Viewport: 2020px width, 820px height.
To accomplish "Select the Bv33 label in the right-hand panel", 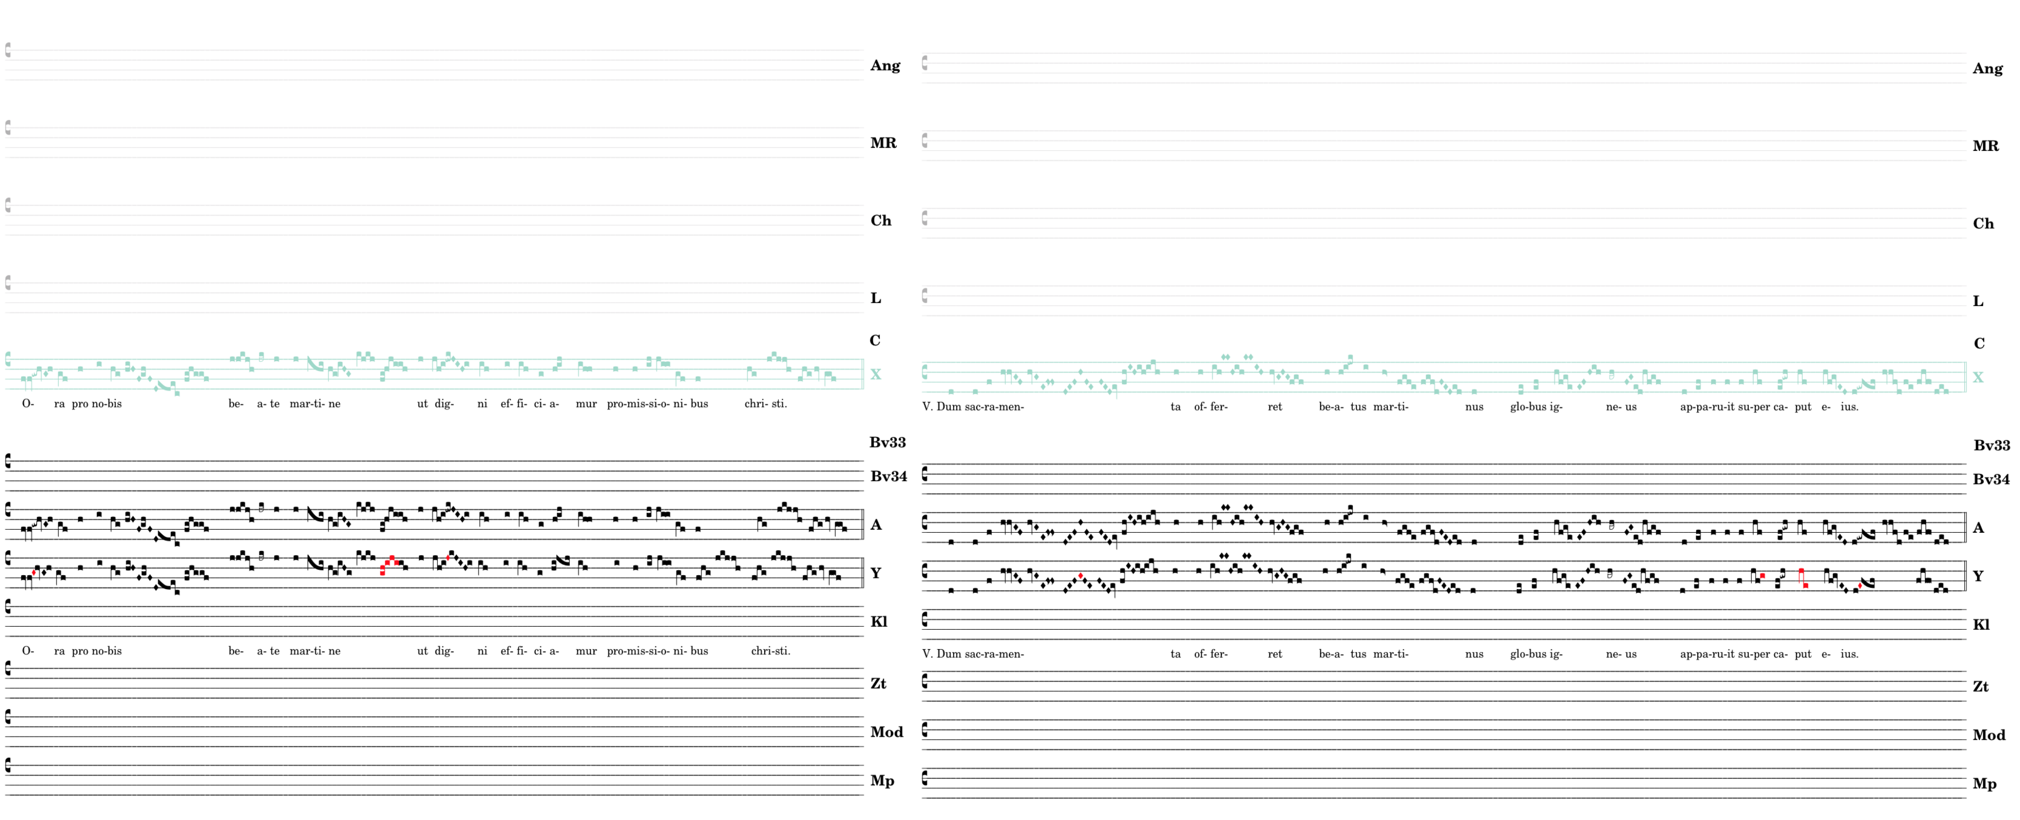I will pyautogui.click(x=1991, y=445).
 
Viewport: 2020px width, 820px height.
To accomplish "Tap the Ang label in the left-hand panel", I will pyautogui.click(x=886, y=65).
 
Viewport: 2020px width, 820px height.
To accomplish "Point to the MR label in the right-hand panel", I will pyautogui.click(x=1985, y=146).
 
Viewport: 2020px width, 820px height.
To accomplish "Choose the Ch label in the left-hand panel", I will pyautogui.click(x=881, y=220).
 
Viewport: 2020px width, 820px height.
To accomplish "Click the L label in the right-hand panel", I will pyautogui.click(x=1978, y=301).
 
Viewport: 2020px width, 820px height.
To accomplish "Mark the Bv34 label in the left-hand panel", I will pyautogui.click(x=889, y=476).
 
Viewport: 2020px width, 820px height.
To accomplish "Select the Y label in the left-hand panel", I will pyautogui.click(x=876, y=573).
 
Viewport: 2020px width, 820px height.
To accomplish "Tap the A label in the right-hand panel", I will pyautogui.click(x=1978, y=528).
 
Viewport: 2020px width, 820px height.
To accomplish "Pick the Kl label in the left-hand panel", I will pyautogui.click(x=879, y=621).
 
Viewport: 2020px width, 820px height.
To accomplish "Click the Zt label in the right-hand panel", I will pyautogui.click(x=1981, y=687).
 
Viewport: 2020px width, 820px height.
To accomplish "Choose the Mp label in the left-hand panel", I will pyautogui.click(x=882, y=781).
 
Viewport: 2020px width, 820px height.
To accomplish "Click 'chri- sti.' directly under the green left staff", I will pyautogui.click(x=765, y=404).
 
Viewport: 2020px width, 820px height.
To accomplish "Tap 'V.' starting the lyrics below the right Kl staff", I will pyautogui.click(x=928, y=654).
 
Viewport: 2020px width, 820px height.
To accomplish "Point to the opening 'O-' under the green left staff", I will pyautogui.click(x=28, y=404).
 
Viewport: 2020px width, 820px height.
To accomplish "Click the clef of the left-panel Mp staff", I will pyautogui.click(x=8, y=765).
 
